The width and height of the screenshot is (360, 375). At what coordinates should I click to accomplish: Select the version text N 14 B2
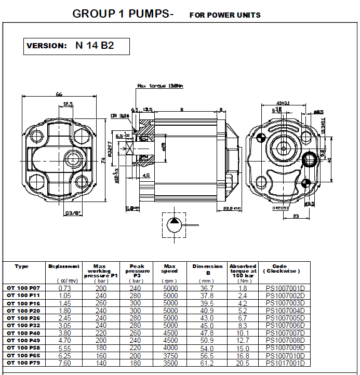(95, 45)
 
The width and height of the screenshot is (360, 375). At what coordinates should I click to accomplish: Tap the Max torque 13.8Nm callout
(161, 86)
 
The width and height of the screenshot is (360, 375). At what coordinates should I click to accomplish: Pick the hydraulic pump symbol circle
(174, 225)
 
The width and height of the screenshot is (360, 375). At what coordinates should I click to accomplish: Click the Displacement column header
(64, 266)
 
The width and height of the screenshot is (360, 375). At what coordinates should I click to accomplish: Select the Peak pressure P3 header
(138, 271)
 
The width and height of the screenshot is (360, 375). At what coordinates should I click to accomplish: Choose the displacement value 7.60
(64, 363)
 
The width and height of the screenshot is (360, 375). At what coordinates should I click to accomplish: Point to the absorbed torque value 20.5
(243, 363)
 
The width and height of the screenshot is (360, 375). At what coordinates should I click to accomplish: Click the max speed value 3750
(170, 356)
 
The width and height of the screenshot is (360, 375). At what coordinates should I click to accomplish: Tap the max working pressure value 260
(101, 303)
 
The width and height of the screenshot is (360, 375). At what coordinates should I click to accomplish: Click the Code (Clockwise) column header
(281, 269)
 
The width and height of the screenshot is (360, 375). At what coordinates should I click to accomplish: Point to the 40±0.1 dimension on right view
(283, 103)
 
